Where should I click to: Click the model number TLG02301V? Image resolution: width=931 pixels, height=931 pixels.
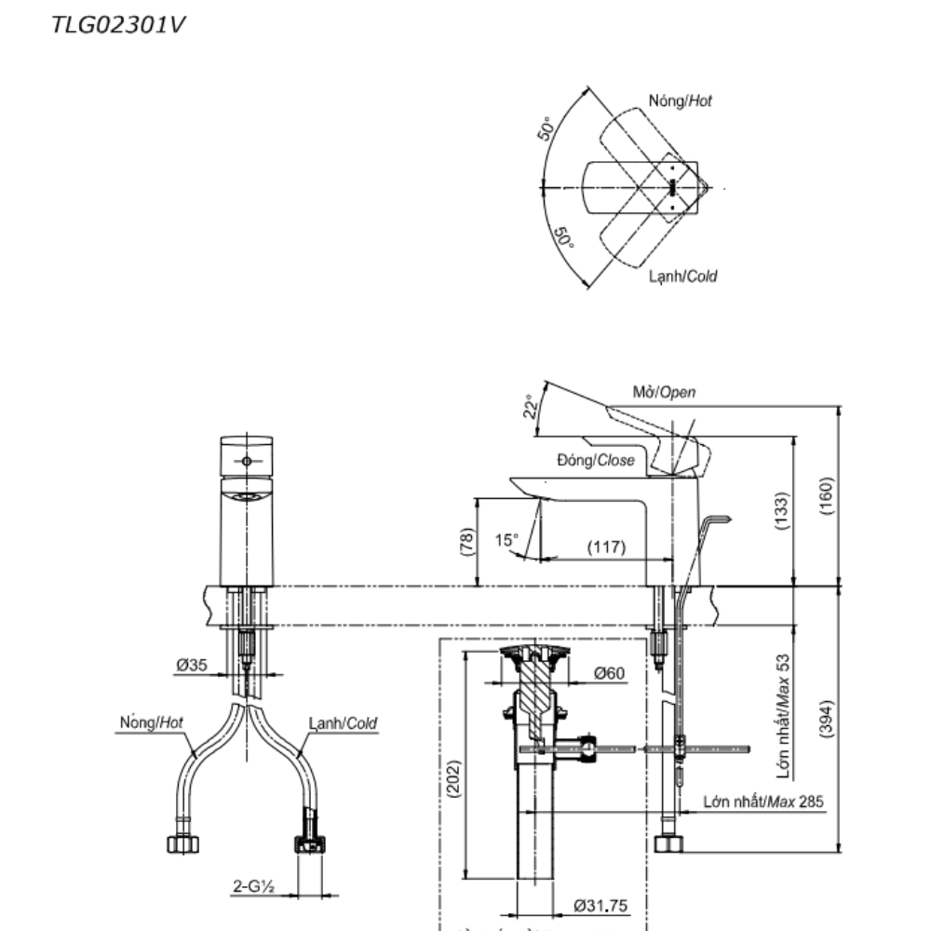(118, 24)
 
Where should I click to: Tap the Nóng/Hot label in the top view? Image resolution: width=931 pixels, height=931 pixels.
(680, 101)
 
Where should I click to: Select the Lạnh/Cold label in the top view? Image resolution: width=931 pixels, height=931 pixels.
(683, 277)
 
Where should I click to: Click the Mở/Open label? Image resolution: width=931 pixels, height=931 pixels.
(664, 392)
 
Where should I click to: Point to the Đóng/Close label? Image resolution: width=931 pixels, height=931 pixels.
(596, 460)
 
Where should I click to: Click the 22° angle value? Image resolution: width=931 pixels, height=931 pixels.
(532, 408)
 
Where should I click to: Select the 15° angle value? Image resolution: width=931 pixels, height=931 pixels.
(506, 539)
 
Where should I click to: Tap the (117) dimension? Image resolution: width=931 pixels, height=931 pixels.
(606, 546)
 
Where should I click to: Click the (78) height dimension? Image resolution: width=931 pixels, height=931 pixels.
(466, 542)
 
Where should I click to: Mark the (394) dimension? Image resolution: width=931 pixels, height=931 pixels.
(828, 718)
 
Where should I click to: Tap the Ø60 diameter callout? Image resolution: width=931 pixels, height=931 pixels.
(609, 672)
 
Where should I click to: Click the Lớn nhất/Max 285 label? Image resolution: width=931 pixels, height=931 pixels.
(763, 801)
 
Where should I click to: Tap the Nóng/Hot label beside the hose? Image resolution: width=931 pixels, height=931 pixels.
(152, 722)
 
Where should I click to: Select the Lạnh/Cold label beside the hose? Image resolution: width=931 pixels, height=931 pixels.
(344, 723)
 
